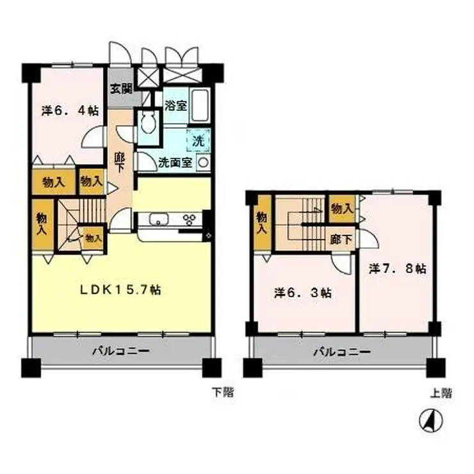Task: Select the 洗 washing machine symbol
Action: coord(198,139)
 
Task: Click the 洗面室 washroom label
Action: coord(175,163)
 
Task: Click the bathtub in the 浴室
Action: coord(201,104)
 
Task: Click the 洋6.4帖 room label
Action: coord(70,110)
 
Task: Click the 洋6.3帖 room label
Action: coord(303,293)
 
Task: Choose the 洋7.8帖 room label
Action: coord(397,269)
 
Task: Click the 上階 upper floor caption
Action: coord(441,393)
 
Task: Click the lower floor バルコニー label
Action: coord(120,351)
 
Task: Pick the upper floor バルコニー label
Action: coord(342,352)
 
